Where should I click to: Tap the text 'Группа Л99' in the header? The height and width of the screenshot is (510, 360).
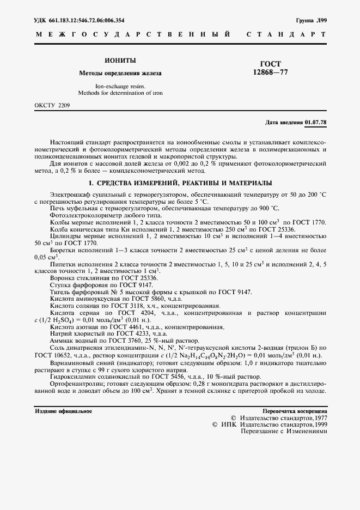311,20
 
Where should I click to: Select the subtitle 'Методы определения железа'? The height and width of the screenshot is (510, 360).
120,72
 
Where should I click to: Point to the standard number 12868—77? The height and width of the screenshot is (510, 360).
271,72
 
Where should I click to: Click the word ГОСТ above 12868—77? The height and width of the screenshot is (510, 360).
271,63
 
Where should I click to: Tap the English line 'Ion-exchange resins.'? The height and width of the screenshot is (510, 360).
120,86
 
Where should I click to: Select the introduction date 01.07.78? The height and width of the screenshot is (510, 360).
316,122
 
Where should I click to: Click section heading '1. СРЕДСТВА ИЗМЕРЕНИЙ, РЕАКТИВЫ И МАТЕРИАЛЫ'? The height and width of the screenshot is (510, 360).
180,183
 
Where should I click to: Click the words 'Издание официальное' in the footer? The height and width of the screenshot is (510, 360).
63,411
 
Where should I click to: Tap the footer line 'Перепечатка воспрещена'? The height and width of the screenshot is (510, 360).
295,411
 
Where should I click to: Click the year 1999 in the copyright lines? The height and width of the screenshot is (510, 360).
319,423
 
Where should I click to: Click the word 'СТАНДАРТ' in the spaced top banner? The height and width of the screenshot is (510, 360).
286,34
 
